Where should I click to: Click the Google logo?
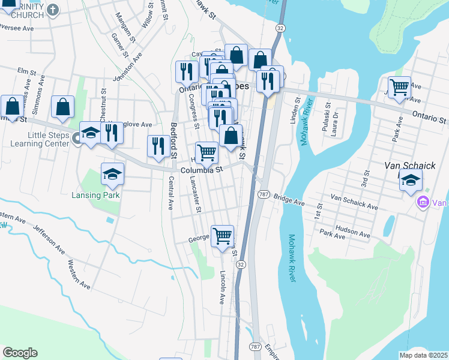click(20, 353)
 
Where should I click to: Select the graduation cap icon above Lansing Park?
click(112, 174)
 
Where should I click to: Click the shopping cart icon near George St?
click(222, 235)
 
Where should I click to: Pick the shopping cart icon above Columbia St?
click(206, 152)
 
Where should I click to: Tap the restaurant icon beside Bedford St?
click(158, 146)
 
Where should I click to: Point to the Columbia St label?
click(202, 170)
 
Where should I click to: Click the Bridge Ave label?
click(289, 197)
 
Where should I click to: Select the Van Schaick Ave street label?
click(354, 202)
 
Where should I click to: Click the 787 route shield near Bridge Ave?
click(264, 194)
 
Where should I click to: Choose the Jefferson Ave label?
click(48, 238)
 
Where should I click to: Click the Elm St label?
click(23, 71)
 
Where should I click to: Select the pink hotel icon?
click(423, 203)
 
